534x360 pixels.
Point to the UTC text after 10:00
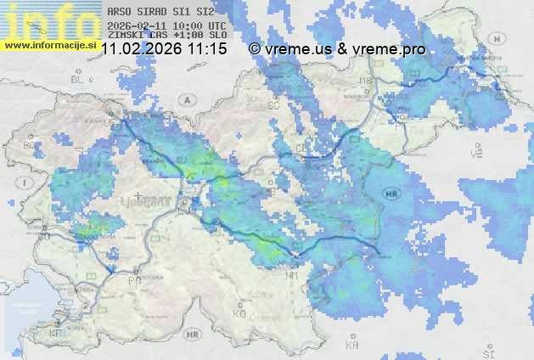click(x=216, y=26)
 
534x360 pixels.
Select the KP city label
click(x=56, y=333)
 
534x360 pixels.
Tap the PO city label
click(x=133, y=279)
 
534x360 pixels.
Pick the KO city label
click(x=239, y=313)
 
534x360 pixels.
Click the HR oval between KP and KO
click(x=192, y=335)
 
